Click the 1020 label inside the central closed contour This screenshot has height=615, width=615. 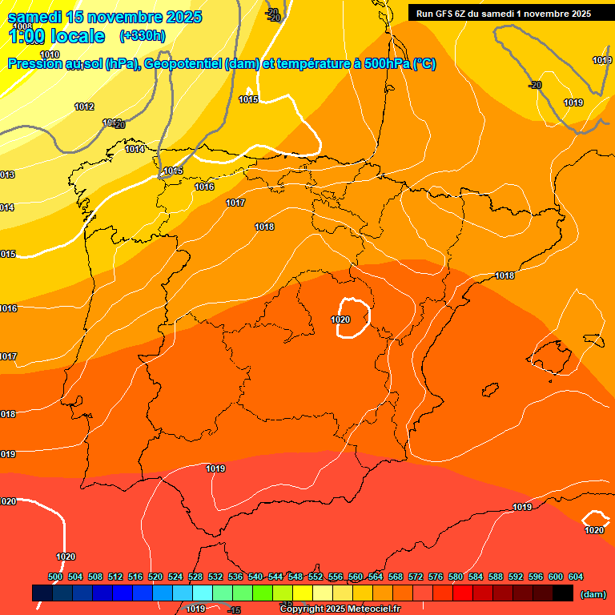340,320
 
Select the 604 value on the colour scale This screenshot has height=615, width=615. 575,577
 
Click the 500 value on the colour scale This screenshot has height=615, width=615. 55,577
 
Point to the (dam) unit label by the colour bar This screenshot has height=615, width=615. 593,594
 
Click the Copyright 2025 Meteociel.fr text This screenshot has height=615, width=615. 340,609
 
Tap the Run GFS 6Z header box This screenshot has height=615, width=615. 503,13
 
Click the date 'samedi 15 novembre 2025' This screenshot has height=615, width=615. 104,17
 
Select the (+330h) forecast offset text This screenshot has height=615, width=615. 142,35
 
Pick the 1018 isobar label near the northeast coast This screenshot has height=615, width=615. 504,275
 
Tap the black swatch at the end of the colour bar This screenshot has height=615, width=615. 563,593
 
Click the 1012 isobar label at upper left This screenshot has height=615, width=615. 84,107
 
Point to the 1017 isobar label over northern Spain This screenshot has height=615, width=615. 235,203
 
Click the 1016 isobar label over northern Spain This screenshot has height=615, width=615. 204,187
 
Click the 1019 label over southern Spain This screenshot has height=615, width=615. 215,468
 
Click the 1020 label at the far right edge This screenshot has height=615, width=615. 594,530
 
